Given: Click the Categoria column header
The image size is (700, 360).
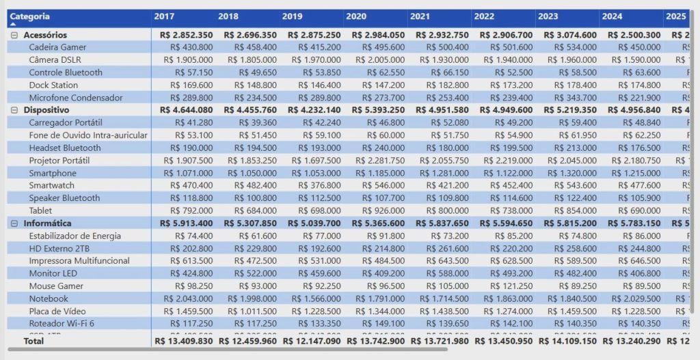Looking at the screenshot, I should [30, 16].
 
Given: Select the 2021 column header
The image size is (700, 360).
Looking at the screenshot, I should [420, 16].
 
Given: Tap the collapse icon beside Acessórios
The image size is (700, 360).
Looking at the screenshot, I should [14, 35].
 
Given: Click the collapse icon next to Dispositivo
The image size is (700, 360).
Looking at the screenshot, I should [14, 110].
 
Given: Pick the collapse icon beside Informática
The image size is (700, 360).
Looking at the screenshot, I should [14, 223].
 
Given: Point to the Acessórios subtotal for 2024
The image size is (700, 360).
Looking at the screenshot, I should [632, 35].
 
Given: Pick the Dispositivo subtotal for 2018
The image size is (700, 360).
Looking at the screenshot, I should [249, 110].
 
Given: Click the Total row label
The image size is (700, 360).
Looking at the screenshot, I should [33, 340].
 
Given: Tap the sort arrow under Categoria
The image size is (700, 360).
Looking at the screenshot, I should [13, 25].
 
